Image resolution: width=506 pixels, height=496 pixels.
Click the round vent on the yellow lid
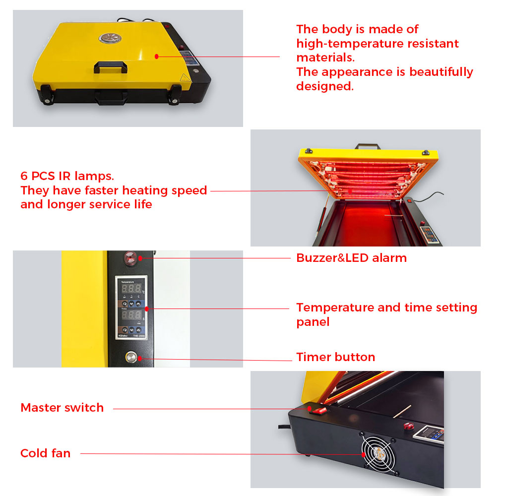110,38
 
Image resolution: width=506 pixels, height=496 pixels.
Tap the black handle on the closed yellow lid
110,67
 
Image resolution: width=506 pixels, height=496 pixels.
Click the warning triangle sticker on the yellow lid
185,77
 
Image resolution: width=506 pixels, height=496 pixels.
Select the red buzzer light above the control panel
130,258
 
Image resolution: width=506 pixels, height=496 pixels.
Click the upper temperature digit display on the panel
131,288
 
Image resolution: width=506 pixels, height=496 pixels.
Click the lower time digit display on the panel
131,314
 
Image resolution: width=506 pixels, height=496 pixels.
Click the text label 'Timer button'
336,357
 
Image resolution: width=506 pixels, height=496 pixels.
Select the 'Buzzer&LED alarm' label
351,258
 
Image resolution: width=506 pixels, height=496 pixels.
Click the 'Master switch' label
62,408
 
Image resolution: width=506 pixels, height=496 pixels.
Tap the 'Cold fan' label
46,453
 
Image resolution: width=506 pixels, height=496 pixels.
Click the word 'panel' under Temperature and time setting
313,322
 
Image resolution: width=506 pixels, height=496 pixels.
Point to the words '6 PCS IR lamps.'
67,176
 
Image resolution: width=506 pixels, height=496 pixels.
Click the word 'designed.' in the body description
325,86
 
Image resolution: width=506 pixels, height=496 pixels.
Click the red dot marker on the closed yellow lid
156,57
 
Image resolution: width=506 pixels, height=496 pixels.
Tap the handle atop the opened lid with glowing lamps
368,146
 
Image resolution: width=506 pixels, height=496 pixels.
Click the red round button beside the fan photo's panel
409,426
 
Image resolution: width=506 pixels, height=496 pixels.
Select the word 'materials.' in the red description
325,58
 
